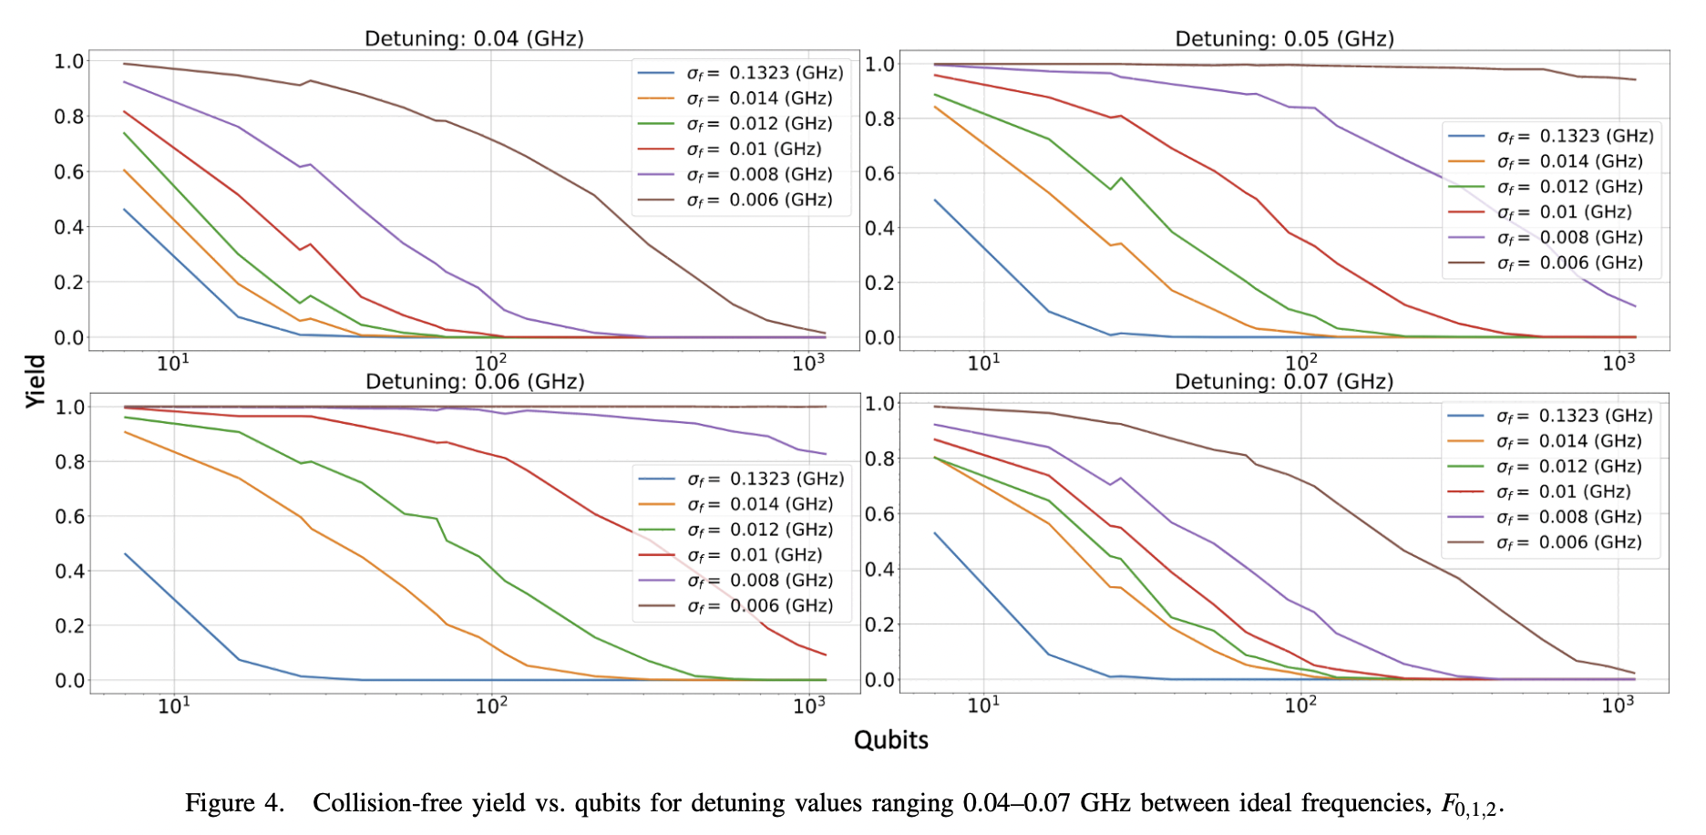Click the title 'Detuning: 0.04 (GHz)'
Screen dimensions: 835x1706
474,38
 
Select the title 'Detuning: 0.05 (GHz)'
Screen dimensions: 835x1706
1284,39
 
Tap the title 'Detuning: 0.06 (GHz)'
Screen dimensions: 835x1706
475,381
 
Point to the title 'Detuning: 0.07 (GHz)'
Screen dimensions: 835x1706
1284,381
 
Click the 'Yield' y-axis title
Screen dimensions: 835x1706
36,381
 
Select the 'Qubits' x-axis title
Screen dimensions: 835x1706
890,740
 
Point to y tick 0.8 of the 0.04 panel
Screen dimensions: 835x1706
69,117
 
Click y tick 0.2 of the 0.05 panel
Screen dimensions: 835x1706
879,283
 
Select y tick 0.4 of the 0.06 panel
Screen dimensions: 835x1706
69,572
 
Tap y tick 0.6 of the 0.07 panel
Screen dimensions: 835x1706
879,513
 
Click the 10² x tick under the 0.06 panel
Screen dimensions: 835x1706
491,705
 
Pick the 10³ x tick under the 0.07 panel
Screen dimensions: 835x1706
1619,705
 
